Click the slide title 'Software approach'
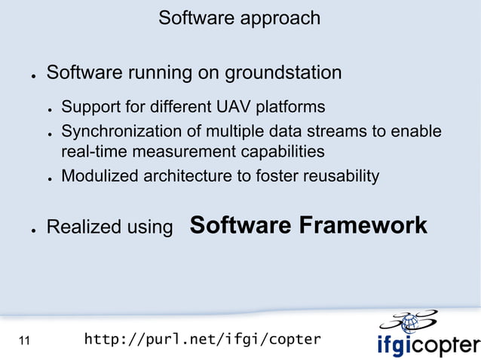point(239,17)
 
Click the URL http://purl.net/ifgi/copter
point(202,340)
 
